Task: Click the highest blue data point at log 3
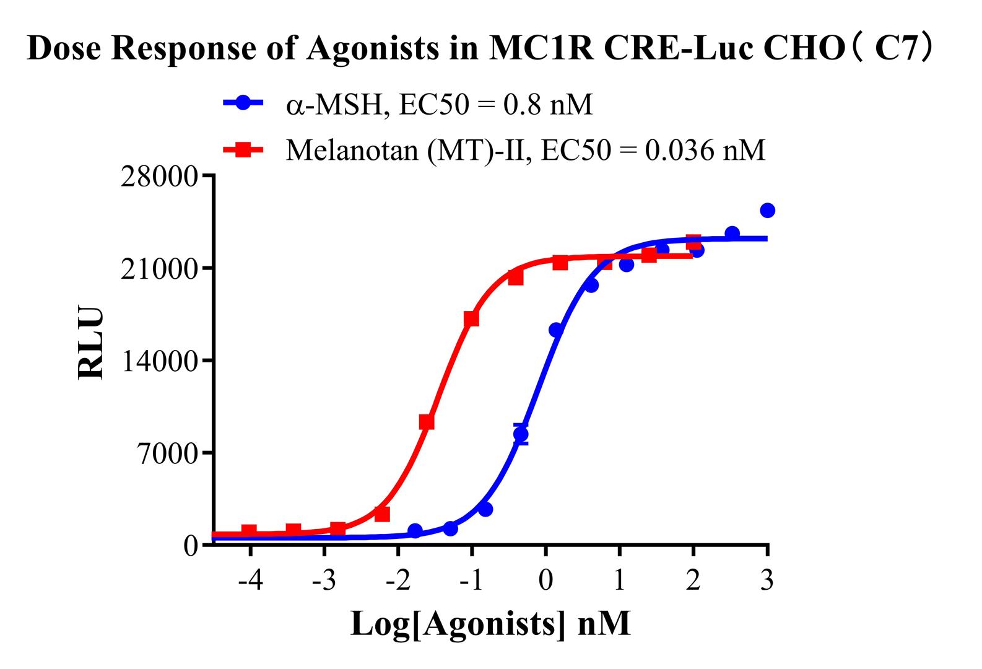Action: [x=767, y=211]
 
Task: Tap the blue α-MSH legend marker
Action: [x=243, y=103]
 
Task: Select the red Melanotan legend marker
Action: [x=243, y=149]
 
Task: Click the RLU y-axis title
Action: [x=90, y=343]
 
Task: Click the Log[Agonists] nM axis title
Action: [x=490, y=623]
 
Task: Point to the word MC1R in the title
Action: [x=536, y=48]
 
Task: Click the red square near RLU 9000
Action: [x=427, y=422]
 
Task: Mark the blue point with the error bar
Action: [x=521, y=434]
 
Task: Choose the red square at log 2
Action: [x=693, y=242]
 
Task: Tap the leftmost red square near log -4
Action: [x=249, y=531]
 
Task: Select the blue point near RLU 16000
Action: [x=556, y=330]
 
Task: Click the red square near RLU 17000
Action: [x=471, y=318]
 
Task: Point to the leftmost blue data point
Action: [x=415, y=531]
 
